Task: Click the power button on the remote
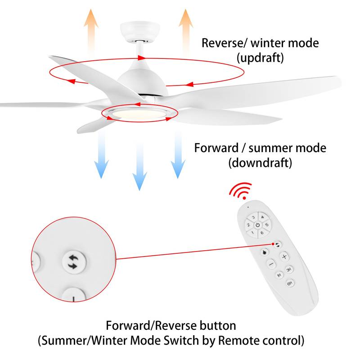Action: tap(257, 225)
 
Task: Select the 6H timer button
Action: tap(290, 284)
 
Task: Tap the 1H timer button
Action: tap(279, 274)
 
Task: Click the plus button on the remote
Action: tap(284, 256)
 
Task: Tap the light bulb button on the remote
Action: tap(265, 252)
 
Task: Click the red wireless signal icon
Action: tap(241, 191)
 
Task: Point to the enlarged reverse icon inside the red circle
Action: tap(72, 262)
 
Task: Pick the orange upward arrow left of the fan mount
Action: tap(92, 27)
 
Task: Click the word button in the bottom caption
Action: tap(220, 325)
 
